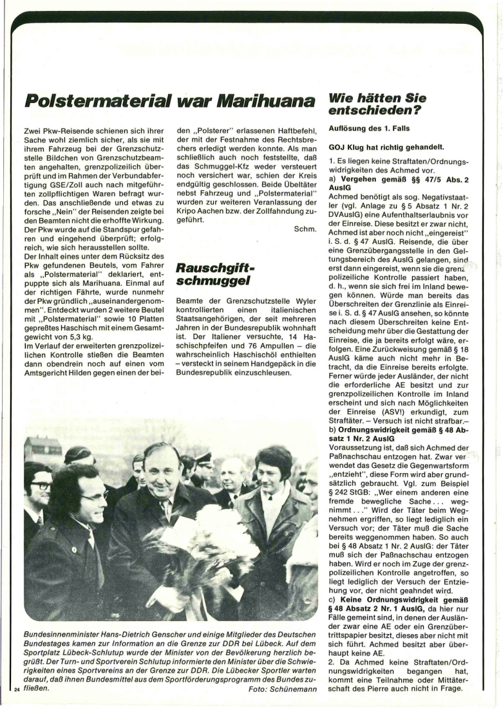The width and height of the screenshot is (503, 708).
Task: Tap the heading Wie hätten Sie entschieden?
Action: pos(377,104)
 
